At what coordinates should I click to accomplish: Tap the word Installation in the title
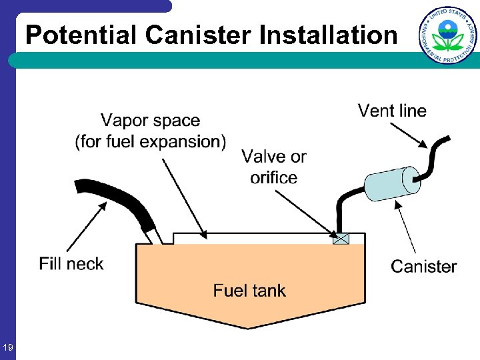(x=328, y=35)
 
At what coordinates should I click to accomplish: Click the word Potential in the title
(x=83, y=35)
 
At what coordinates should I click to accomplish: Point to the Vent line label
(x=392, y=111)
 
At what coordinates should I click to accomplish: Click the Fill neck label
(x=71, y=264)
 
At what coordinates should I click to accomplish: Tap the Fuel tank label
(x=249, y=291)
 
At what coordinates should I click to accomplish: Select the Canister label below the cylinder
(x=423, y=267)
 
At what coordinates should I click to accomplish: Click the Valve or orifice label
(x=273, y=167)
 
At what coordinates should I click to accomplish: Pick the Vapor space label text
(x=151, y=131)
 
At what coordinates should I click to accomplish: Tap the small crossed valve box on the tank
(x=341, y=239)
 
